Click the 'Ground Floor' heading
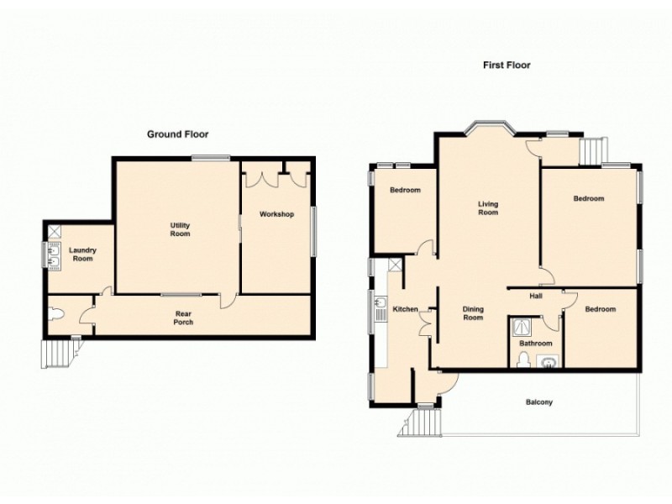click(x=177, y=134)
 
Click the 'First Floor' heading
click(x=506, y=65)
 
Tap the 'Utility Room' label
click(x=180, y=229)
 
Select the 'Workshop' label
click(x=276, y=215)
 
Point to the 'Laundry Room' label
click(x=82, y=254)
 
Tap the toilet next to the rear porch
click(x=56, y=314)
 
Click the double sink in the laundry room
click(x=53, y=255)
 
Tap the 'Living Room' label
click(x=488, y=207)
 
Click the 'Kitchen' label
click(x=406, y=310)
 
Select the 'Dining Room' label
click(x=474, y=313)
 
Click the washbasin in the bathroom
click(x=549, y=363)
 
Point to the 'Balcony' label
click(x=538, y=402)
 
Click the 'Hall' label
click(x=534, y=296)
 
